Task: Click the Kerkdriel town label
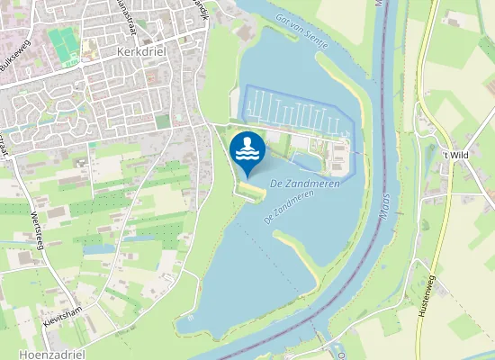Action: coord(137,52)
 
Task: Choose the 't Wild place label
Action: coord(457,155)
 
